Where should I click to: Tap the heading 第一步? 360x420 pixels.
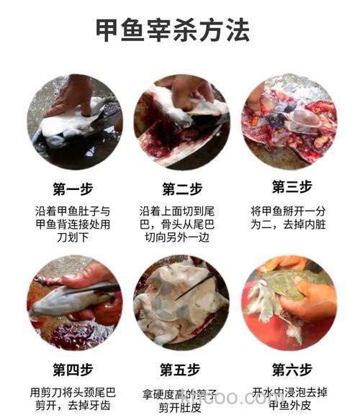(73, 189)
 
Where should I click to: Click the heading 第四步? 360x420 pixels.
(73, 370)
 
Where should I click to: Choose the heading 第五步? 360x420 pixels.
(179, 370)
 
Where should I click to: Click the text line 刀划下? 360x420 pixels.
(73, 237)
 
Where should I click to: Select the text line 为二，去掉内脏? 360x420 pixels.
(288, 224)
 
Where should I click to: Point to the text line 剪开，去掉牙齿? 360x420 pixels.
(73, 406)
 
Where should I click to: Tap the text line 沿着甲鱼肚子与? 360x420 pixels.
(73, 211)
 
